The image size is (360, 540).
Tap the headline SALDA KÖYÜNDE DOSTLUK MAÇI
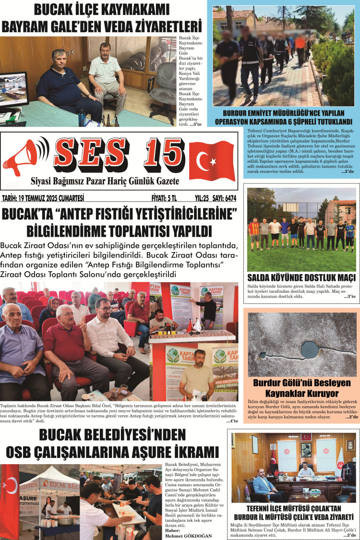[301, 278]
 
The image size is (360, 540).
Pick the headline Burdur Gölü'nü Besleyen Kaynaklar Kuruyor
[302, 388]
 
